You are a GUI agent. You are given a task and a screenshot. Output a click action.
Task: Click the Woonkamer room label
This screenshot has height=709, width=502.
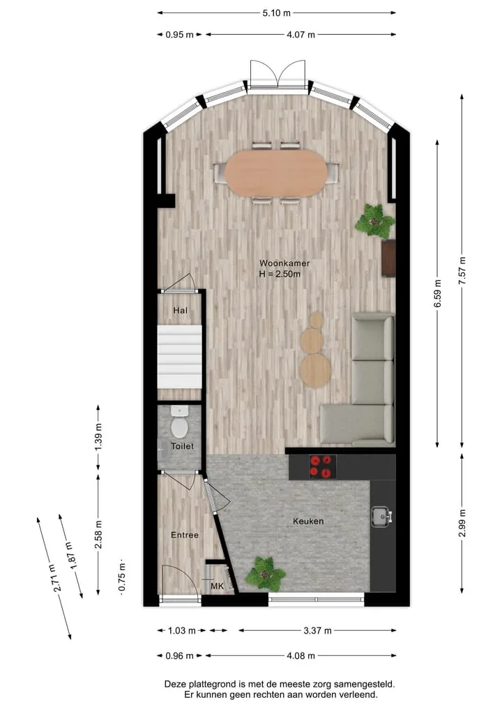pyautogui.click(x=284, y=263)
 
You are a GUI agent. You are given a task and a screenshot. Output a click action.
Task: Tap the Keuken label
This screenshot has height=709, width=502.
pyautogui.click(x=308, y=521)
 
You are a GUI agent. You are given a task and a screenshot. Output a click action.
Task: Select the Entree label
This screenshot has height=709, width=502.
pyautogui.click(x=185, y=535)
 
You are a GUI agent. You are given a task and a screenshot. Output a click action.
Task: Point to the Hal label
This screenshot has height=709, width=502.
pyautogui.click(x=181, y=310)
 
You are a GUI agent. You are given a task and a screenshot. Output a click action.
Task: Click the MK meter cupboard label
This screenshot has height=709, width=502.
pyautogui.click(x=217, y=586)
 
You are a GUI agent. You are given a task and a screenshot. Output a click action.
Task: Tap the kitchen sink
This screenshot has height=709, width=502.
pyautogui.click(x=381, y=517)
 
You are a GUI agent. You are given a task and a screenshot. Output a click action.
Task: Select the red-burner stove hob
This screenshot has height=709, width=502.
pyautogui.click(x=322, y=467)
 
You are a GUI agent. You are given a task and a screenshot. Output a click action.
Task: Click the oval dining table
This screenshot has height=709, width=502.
pyautogui.click(x=276, y=173)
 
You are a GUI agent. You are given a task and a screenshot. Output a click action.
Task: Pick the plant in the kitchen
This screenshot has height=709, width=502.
pyautogui.click(x=266, y=573)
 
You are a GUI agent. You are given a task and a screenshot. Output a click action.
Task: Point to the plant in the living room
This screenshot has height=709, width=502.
pyautogui.click(x=374, y=221)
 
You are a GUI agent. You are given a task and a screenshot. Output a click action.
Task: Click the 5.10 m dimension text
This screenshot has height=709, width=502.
pyautogui.click(x=276, y=13)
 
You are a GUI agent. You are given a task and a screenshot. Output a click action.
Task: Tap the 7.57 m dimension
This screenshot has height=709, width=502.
pyautogui.click(x=462, y=270)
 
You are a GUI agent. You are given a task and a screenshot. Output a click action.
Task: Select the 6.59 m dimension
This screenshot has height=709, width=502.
pyautogui.click(x=437, y=294)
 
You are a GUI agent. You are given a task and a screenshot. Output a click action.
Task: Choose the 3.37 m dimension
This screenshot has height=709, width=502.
pyautogui.click(x=317, y=630)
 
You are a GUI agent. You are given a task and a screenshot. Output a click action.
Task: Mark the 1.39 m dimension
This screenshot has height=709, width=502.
pyautogui.click(x=98, y=438)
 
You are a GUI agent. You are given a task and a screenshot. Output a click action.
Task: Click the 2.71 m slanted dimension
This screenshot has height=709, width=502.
pyautogui.click(x=57, y=579)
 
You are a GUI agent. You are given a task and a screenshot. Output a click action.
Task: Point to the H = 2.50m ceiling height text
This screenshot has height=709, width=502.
pyautogui.click(x=280, y=274)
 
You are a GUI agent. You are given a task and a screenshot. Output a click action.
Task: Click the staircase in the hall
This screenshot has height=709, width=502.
pyautogui.click(x=180, y=357)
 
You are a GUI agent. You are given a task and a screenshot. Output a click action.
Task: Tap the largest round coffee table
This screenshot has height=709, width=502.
pyautogui.click(x=316, y=370)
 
